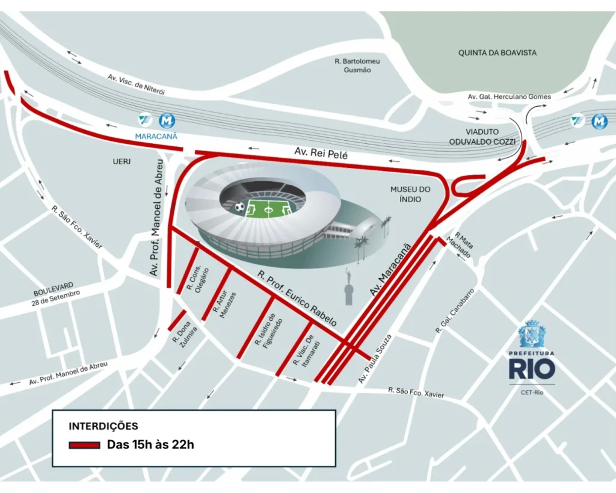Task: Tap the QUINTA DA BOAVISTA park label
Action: coord(497,53)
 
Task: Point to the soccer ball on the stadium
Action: coord(240,208)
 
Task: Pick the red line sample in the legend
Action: coord(84,445)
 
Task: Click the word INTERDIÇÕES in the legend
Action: coord(103,426)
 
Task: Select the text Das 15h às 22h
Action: coord(151,445)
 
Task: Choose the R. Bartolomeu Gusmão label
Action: coord(357,65)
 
